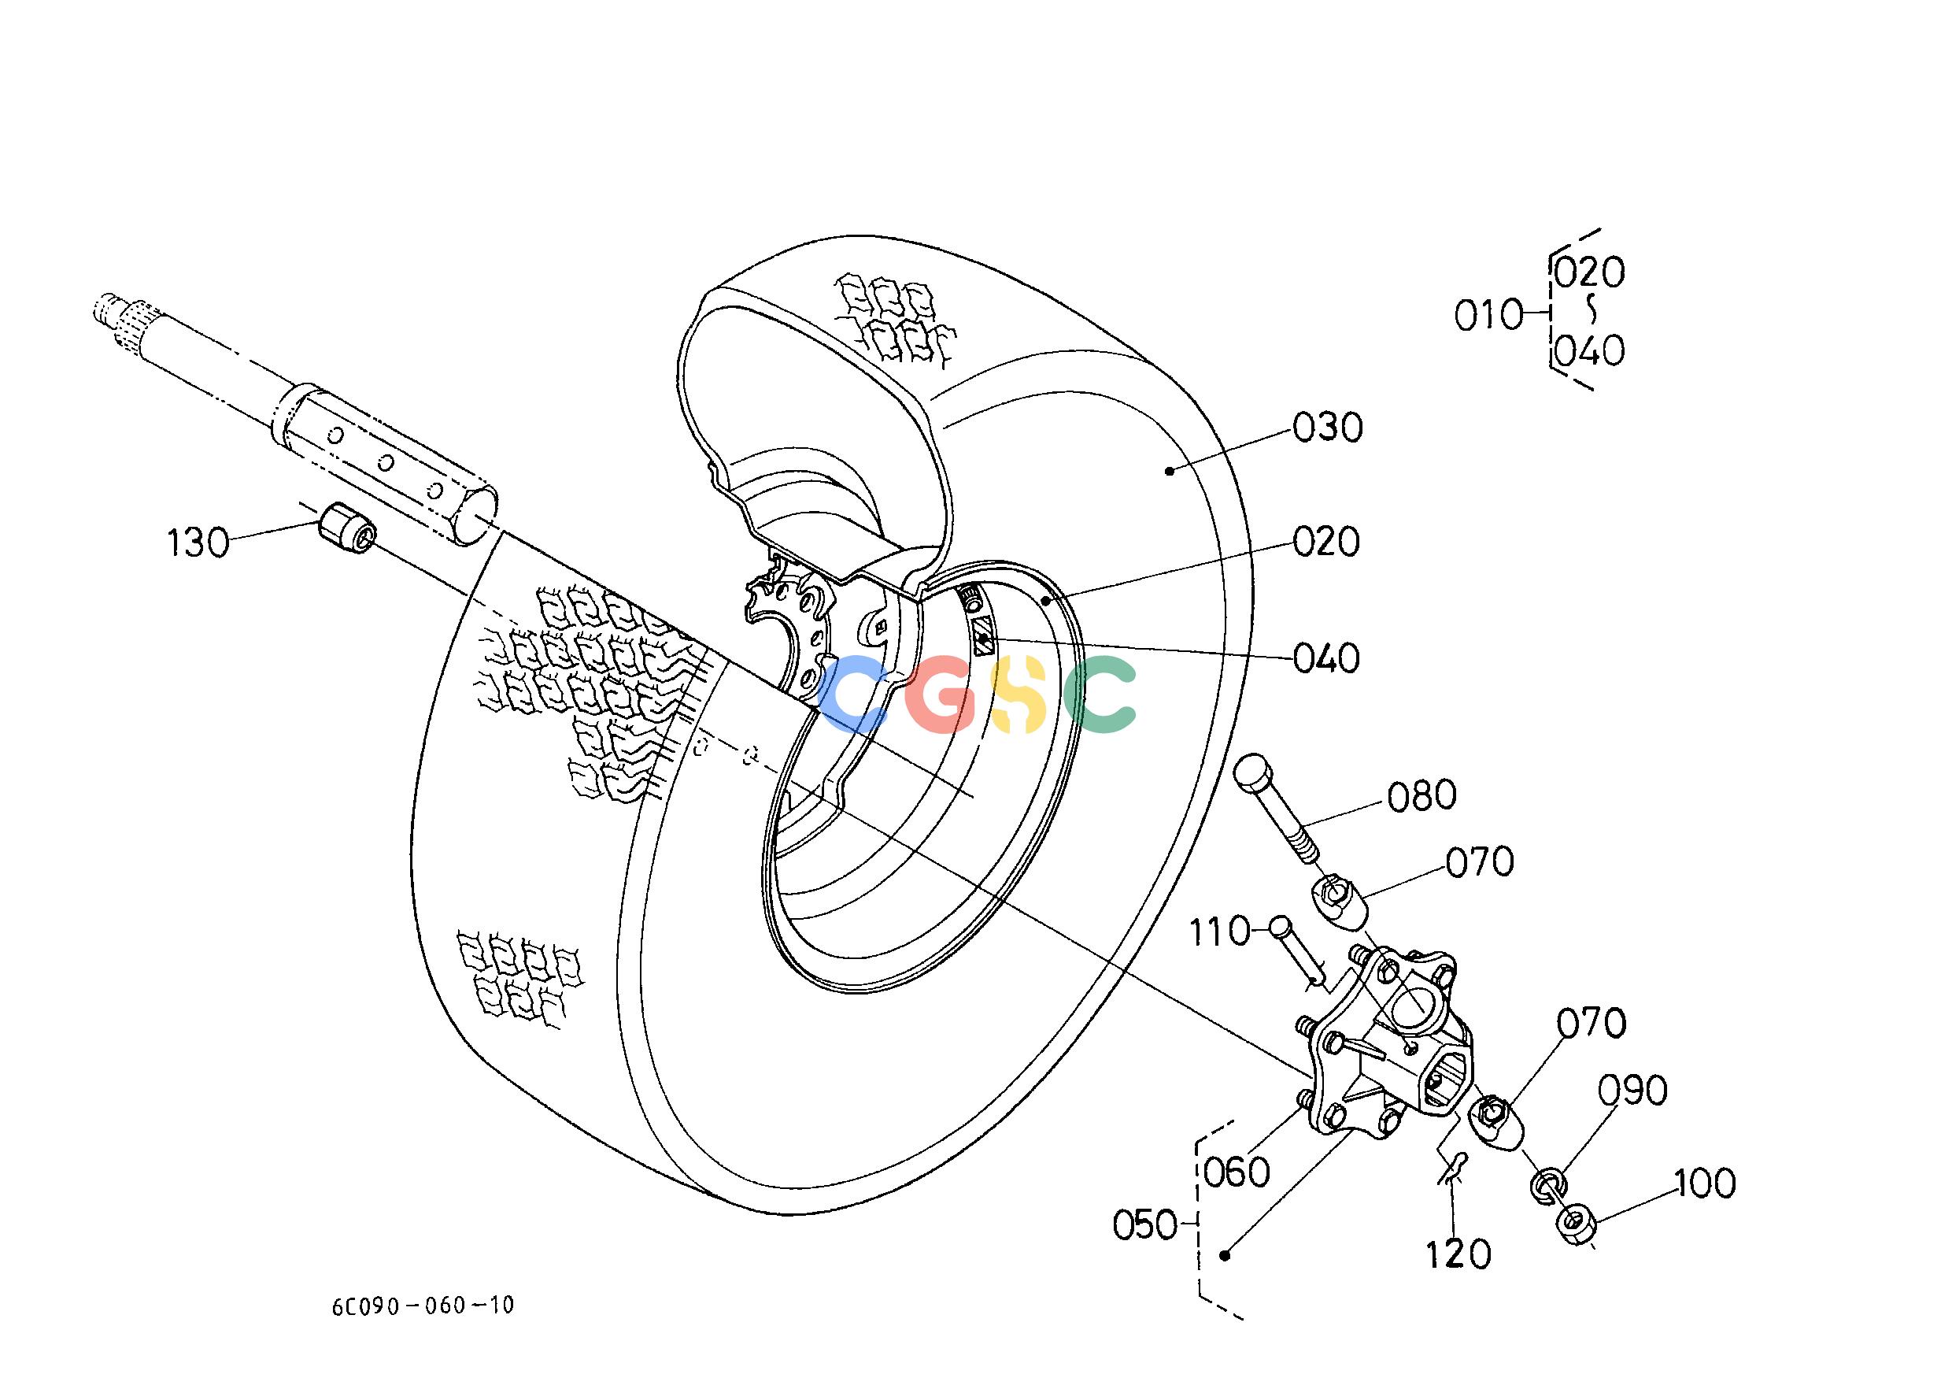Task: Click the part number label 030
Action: click(1327, 428)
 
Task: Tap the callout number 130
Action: click(198, 543)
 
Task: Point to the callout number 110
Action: click(1221, 932)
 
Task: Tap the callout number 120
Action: click(1458, 1254)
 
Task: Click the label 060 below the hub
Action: click(1237, 1172)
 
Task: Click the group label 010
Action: click(1488, 316)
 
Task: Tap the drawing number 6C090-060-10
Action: click(423, 1306)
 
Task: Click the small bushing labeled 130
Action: click(346, 527)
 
